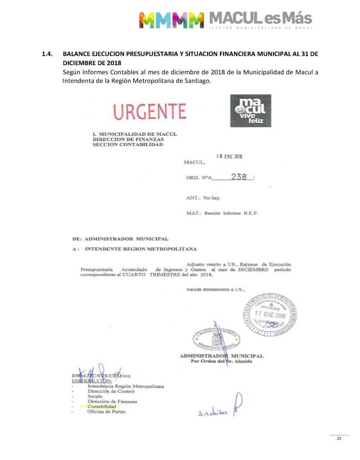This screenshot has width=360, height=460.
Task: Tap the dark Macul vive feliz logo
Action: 250,110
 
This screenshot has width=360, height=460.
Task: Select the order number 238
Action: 238,177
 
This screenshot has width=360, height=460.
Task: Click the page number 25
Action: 339,438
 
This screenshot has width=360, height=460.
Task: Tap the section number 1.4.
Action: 46,54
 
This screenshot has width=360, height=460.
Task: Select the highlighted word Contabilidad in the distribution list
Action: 101,406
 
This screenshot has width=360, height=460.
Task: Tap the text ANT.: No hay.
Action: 203,198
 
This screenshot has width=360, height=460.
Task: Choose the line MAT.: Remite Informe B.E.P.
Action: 222,213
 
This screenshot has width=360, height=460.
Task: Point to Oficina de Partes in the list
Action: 106,411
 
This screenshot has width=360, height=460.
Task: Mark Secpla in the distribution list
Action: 95,396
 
